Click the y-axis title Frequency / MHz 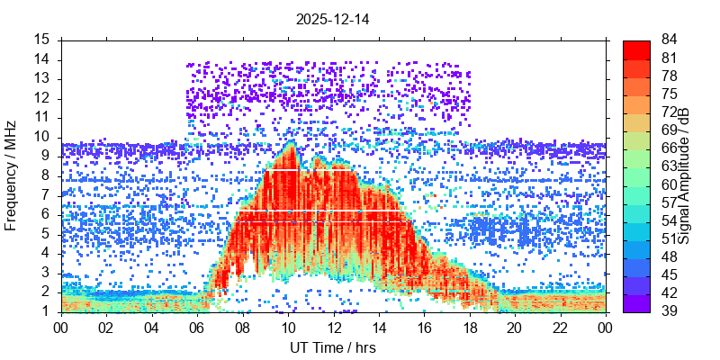(12, 176)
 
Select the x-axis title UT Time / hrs (333, 347)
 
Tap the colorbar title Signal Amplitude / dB (685, 176)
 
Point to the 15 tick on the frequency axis (42, 40)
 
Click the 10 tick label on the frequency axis (42, 137)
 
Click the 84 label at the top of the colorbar (670, 40)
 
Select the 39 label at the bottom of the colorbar (670, 311)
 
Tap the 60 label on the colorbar (670, 184)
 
